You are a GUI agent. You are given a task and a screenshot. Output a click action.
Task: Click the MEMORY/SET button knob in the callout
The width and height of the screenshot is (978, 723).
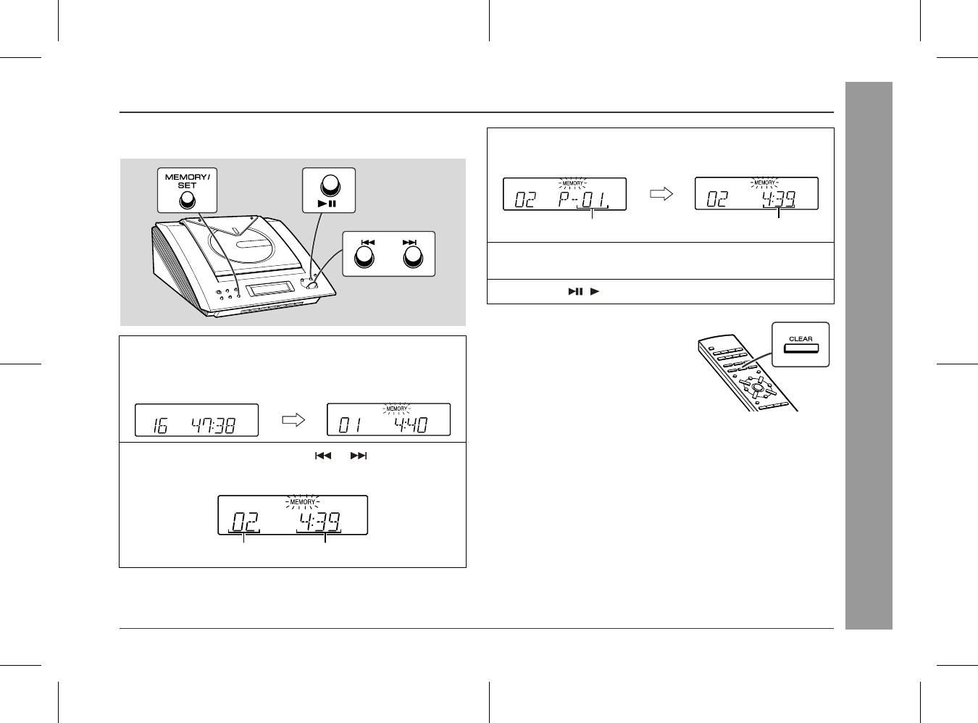pos(187,201)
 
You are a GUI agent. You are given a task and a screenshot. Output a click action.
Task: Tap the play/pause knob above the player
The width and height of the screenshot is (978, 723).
pos(330,185)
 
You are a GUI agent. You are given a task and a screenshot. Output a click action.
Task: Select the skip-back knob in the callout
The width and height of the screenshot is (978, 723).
pos(364,256)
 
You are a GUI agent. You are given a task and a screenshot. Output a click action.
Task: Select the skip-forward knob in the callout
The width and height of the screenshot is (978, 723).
pos(413,256)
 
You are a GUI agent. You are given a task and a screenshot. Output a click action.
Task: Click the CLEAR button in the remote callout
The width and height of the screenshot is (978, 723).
pos(801,348)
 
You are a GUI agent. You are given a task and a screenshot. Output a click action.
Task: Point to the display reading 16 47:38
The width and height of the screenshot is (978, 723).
pos(196,420)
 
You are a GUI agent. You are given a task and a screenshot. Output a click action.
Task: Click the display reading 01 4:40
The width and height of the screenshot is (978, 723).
pos(388,419)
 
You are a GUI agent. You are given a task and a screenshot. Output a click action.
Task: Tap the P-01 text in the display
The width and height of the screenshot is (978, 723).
pos(582,200)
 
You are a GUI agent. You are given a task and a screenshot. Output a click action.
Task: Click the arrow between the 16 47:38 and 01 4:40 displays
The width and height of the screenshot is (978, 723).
pos(293,420)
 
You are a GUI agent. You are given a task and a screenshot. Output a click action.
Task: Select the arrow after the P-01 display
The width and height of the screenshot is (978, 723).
pos(661,193)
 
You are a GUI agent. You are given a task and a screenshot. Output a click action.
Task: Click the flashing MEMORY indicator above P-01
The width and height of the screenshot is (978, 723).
pos(573,183)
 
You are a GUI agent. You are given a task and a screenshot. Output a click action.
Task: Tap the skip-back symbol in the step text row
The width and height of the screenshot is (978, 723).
pos(323,456)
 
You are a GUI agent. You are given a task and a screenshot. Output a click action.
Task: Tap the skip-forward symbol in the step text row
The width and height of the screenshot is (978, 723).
pos(359,456)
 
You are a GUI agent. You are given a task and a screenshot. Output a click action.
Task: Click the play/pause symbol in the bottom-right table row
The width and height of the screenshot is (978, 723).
pos(575,291)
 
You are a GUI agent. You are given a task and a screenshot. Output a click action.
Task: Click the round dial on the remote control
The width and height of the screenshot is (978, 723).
pos(756,388)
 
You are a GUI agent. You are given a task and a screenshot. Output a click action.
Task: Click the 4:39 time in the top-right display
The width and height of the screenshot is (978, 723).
pos(779,199)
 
